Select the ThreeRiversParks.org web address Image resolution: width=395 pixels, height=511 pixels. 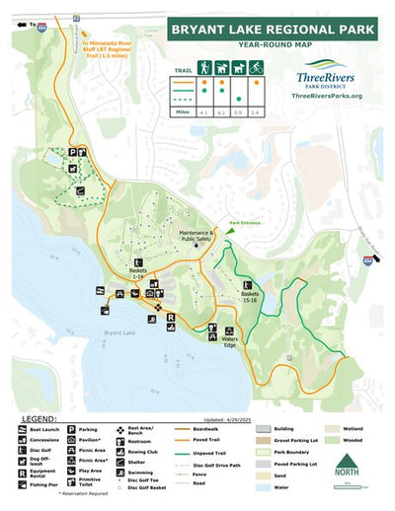pos(328,96)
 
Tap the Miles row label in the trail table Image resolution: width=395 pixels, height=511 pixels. pos(183,112)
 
